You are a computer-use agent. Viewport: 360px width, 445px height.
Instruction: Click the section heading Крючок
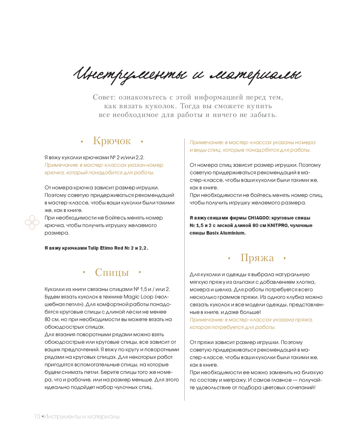point(112,141)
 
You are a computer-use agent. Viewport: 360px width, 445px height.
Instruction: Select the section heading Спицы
point(112,272)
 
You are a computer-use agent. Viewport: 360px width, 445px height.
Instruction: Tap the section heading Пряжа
point(257,258)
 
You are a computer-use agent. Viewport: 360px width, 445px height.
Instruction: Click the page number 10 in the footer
point(37,417)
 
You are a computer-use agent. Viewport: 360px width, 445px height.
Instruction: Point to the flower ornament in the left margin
point(32,222)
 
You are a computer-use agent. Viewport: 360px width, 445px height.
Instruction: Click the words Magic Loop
point(139,297)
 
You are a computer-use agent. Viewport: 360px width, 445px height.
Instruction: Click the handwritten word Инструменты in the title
point(130,75)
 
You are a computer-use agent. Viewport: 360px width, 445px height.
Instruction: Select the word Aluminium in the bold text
point(233,233)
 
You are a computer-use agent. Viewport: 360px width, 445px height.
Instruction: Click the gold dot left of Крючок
point(82,142)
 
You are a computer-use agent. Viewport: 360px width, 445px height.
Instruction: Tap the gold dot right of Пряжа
point(285,258)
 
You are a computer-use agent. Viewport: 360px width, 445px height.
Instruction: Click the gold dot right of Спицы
point(140,272)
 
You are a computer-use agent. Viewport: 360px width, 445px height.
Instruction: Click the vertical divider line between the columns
point(185,270)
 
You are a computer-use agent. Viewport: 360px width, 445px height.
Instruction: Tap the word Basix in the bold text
point(212,233)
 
